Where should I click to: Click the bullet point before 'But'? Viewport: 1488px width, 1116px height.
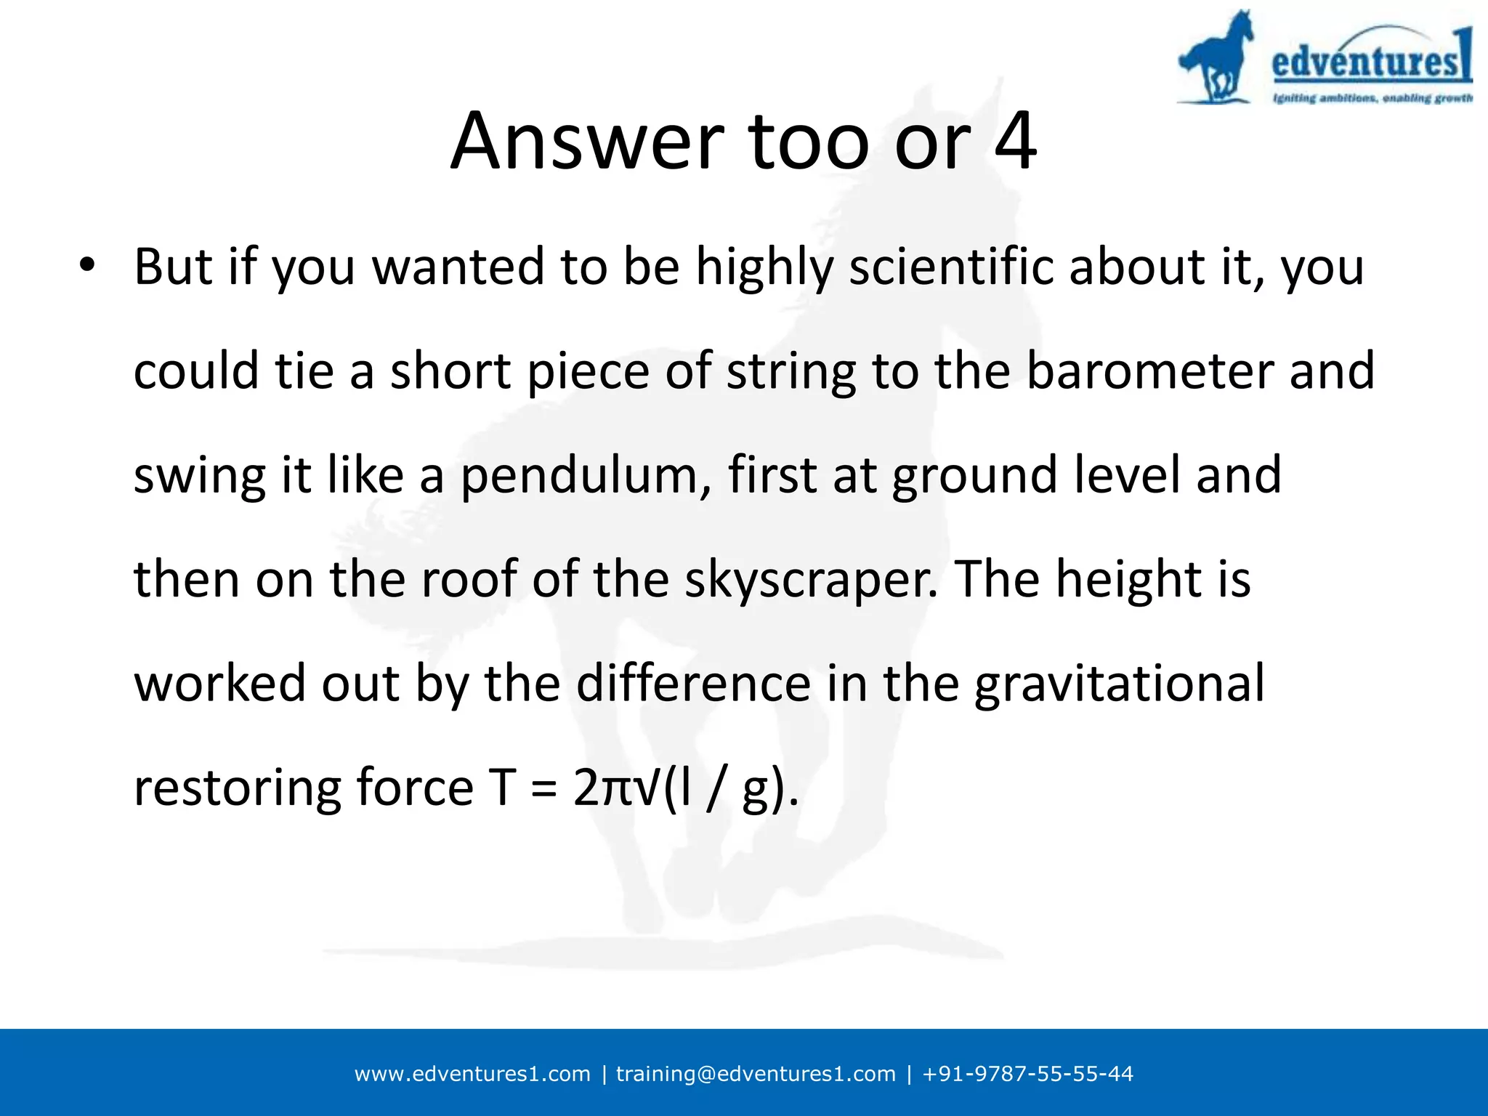click(87, 265)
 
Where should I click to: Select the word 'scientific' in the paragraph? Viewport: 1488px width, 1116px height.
click(953, 267)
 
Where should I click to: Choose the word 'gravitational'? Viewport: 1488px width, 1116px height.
click(1119, 684)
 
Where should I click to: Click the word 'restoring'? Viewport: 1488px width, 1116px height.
click(237, 788)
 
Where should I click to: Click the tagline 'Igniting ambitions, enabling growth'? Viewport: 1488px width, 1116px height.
click(1372, 98)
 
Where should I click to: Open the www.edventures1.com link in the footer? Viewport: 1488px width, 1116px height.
click(472, 1074)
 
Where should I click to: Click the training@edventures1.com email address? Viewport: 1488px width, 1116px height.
click(756, 1074)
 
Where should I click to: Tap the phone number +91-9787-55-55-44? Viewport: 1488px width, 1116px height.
click(1027, 1074)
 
